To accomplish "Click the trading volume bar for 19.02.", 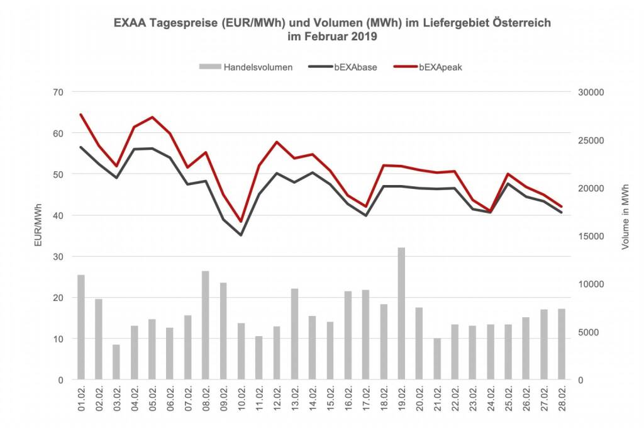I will (x=401, y=313).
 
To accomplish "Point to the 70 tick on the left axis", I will (x=58, y=92).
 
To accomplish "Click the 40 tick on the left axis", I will (x=58, y=215).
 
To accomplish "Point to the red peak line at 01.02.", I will (x=81, y=115).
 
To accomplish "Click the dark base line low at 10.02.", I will (x=241, y=235).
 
